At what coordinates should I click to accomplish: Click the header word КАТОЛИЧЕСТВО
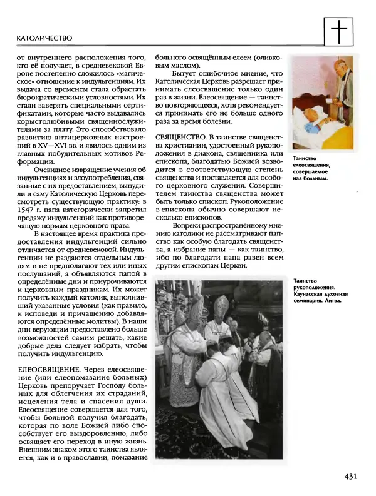(43, 38)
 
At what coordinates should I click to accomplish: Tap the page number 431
(350, 477)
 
